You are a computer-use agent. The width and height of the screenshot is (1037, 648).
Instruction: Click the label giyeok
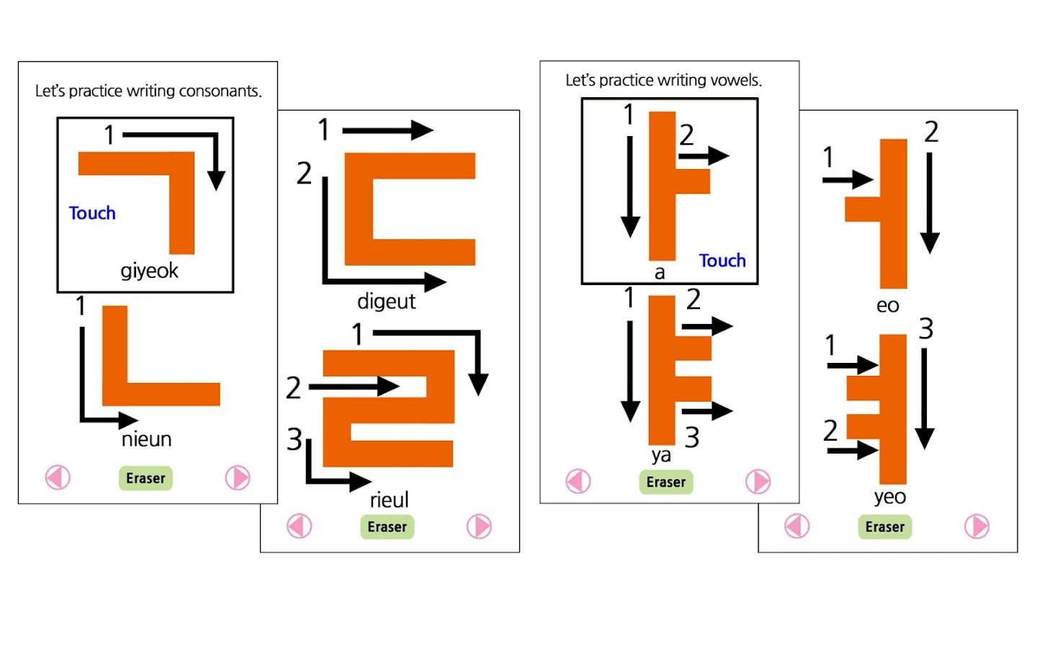point(149,271)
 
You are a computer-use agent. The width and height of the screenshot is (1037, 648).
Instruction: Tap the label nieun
point(146,439)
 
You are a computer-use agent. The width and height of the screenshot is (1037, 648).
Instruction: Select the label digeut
point(386,301)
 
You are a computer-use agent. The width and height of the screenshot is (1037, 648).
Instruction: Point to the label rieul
point(389,500)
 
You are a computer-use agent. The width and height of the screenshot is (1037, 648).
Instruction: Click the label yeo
point(889,497)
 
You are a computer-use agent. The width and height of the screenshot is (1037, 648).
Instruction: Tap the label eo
point(887,305)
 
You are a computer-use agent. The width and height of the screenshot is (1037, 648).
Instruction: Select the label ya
point(661,455)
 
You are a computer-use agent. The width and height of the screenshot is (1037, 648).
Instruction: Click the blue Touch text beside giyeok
point(92,213)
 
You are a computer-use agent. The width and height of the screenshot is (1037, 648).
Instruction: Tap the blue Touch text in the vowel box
point(722,261)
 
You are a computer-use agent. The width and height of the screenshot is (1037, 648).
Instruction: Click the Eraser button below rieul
point(387,527)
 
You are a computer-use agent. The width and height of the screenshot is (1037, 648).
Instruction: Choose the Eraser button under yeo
point(884,527)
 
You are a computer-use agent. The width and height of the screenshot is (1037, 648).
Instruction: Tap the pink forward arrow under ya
point(758,482)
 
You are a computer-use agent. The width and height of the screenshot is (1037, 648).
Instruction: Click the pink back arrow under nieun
point(58,477)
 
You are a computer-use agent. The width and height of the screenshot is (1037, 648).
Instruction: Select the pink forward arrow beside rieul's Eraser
point(479,526)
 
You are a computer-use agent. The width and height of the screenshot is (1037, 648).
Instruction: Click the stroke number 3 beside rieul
point(294,439)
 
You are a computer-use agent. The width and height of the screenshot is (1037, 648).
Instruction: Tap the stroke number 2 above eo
point(931,132)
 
